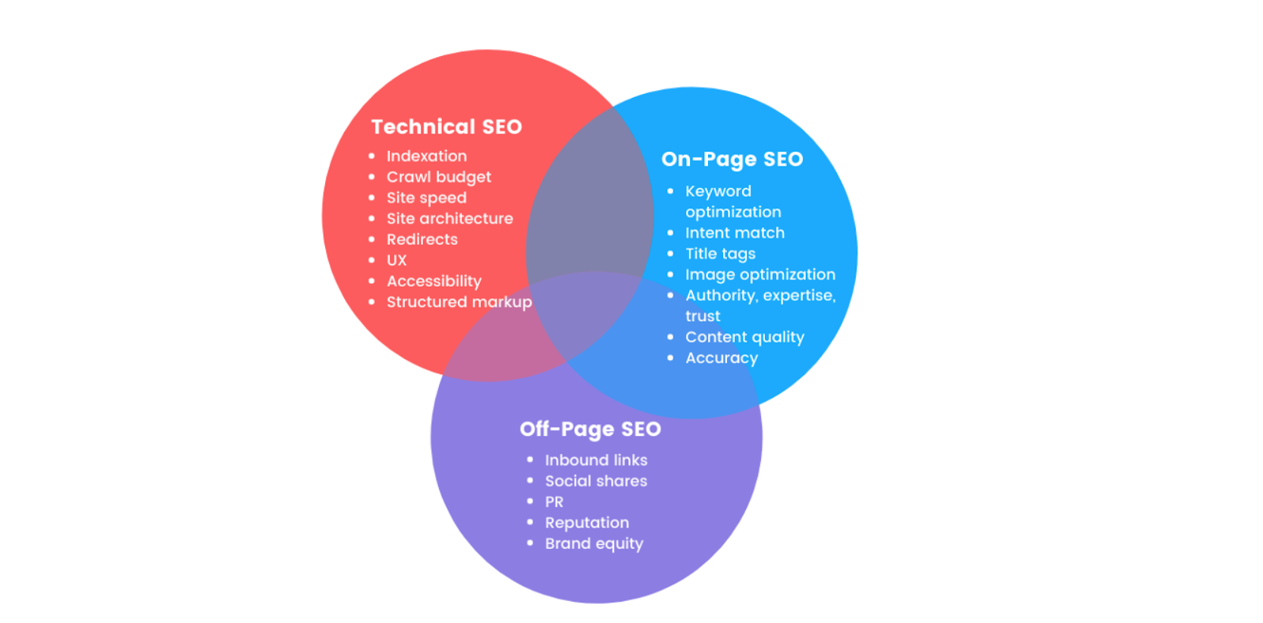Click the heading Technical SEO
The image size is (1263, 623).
(x=446, y=126)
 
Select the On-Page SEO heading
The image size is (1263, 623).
(x=732, y=159)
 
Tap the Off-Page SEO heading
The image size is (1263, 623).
(x=590, y=429)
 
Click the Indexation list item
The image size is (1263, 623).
(x=426, y=156)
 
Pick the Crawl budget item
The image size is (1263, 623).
(x=438, y=177)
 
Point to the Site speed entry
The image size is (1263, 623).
(x=426, y=197)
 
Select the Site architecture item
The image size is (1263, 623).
(x=449, y=219)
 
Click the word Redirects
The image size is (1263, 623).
(x=422, y=239)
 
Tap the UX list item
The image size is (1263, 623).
(x=396, y=261)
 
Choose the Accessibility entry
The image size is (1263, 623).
(x=433, y=281)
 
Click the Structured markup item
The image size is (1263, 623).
(x=459, y=302)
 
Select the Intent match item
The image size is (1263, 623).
(x=734, y=233)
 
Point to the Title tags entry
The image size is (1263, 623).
(x=720, y=253)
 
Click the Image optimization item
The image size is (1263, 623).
(x=759, y=275)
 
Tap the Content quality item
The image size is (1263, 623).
(x=744, y=337)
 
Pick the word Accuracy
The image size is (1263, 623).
(x=721, y=358)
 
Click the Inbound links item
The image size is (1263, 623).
(x=595, y=460)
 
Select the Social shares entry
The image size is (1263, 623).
(x=595, y=481)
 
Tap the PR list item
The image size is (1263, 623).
(x=554, y=502)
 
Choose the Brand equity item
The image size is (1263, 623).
(x=594, y=543)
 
